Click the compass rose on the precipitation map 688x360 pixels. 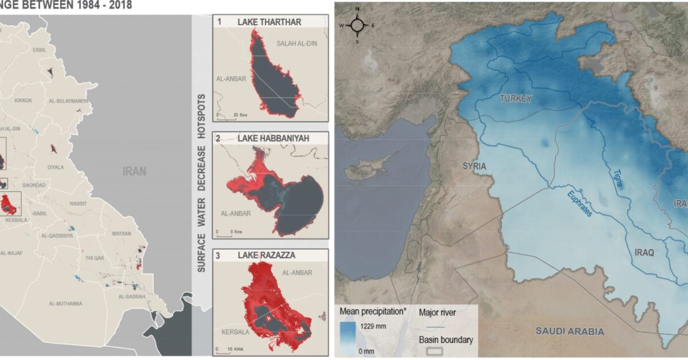coord(357,25)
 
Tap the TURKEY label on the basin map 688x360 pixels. coord(515,99)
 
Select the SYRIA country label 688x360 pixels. coord(474,166)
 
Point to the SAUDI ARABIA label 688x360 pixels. coord(570,331)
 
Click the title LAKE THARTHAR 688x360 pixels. coord(269,22)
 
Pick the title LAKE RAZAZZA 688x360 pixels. coord(267,255)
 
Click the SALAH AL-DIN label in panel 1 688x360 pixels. coord(296,44)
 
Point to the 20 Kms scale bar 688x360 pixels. coord(226,115)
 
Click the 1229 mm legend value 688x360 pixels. coord(372,326)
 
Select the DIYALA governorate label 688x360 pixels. coord(57,167)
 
